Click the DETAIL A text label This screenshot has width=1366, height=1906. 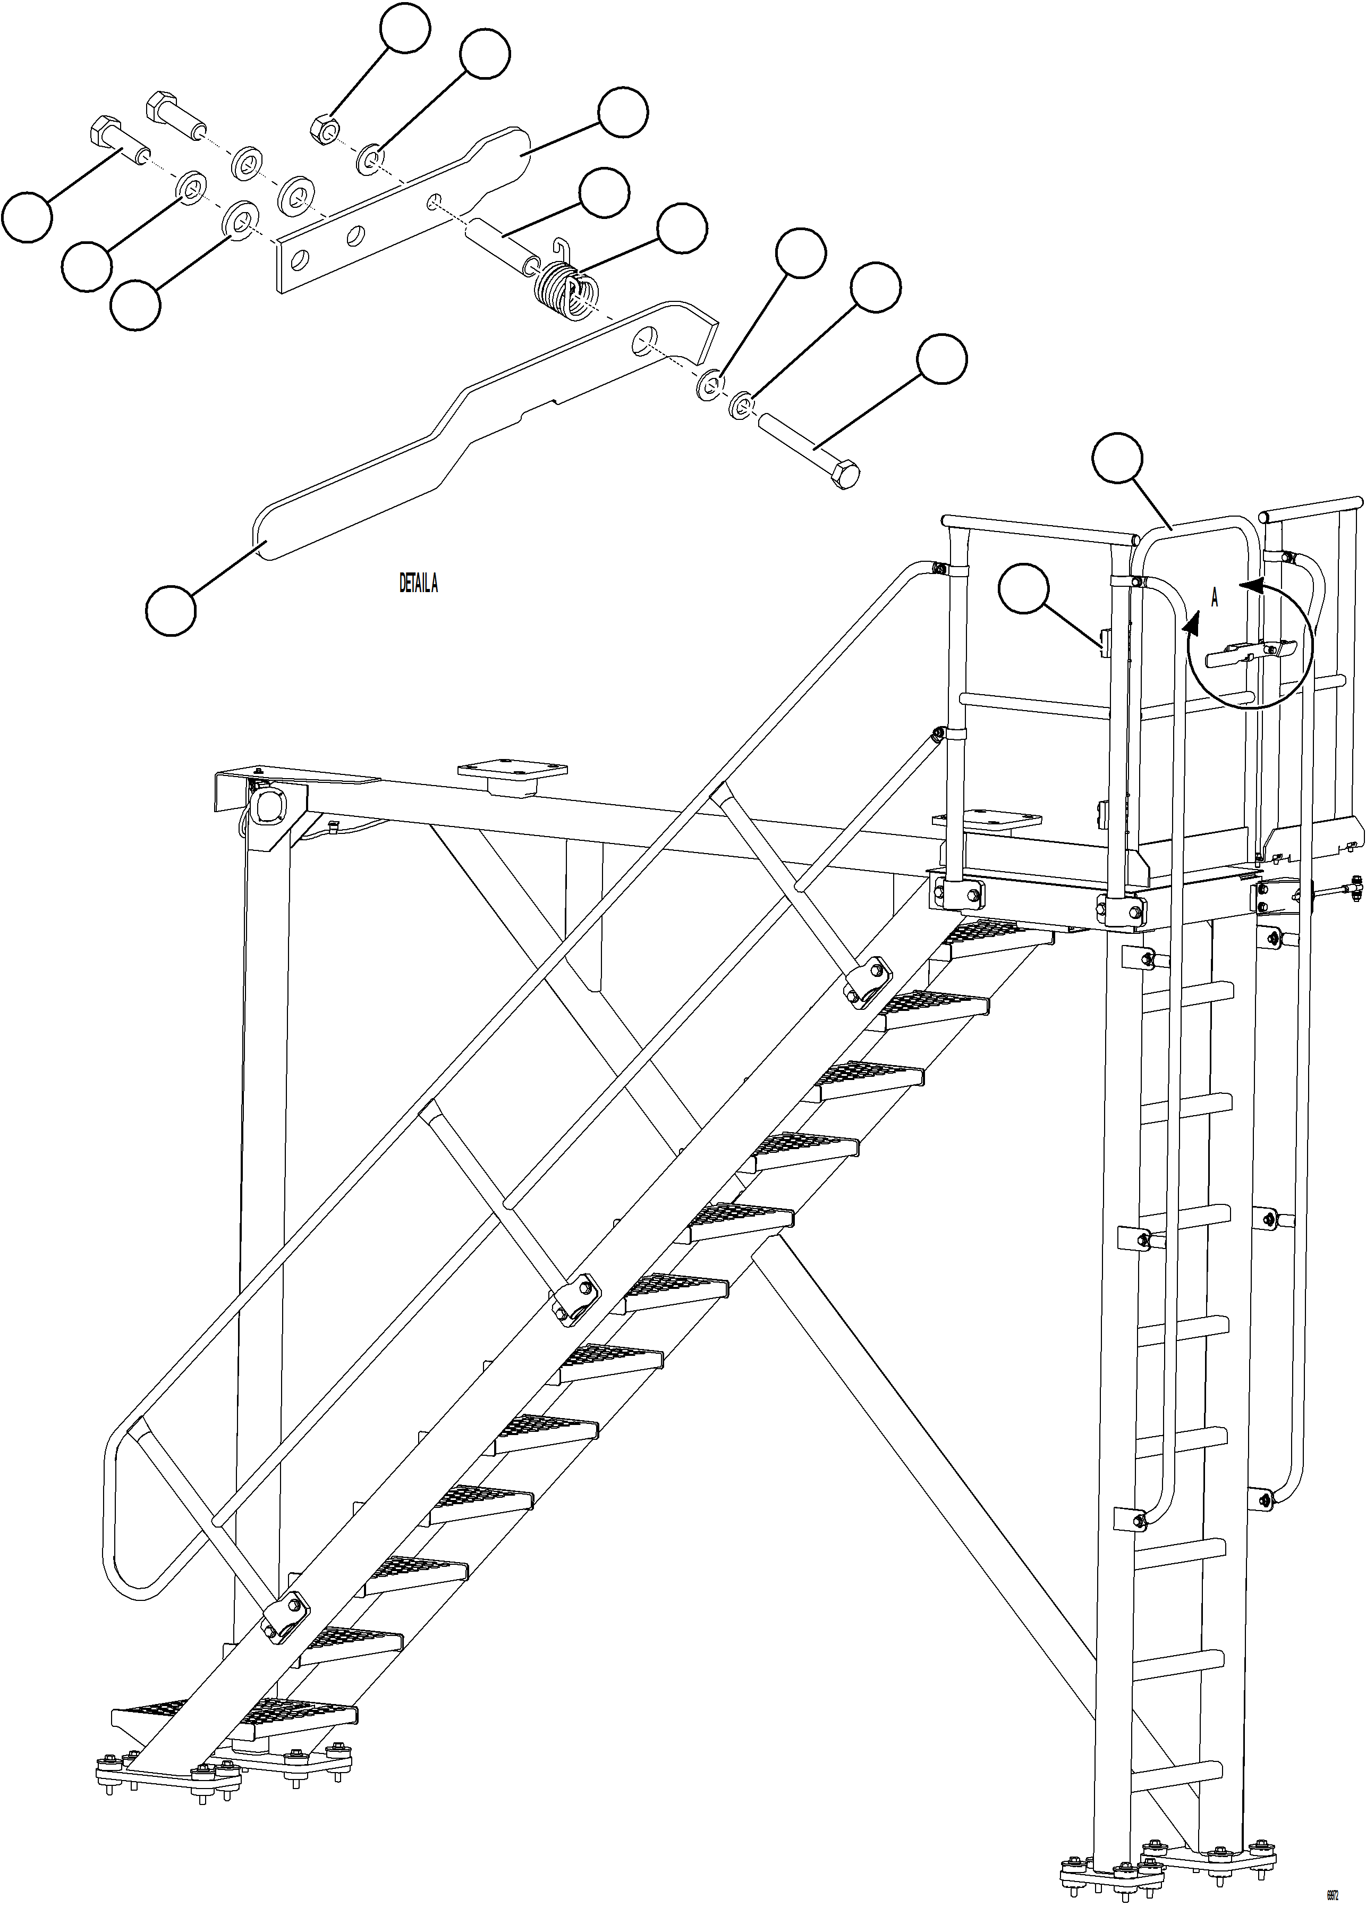pos(418,583)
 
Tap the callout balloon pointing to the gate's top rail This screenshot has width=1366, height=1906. pos(1117,459)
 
